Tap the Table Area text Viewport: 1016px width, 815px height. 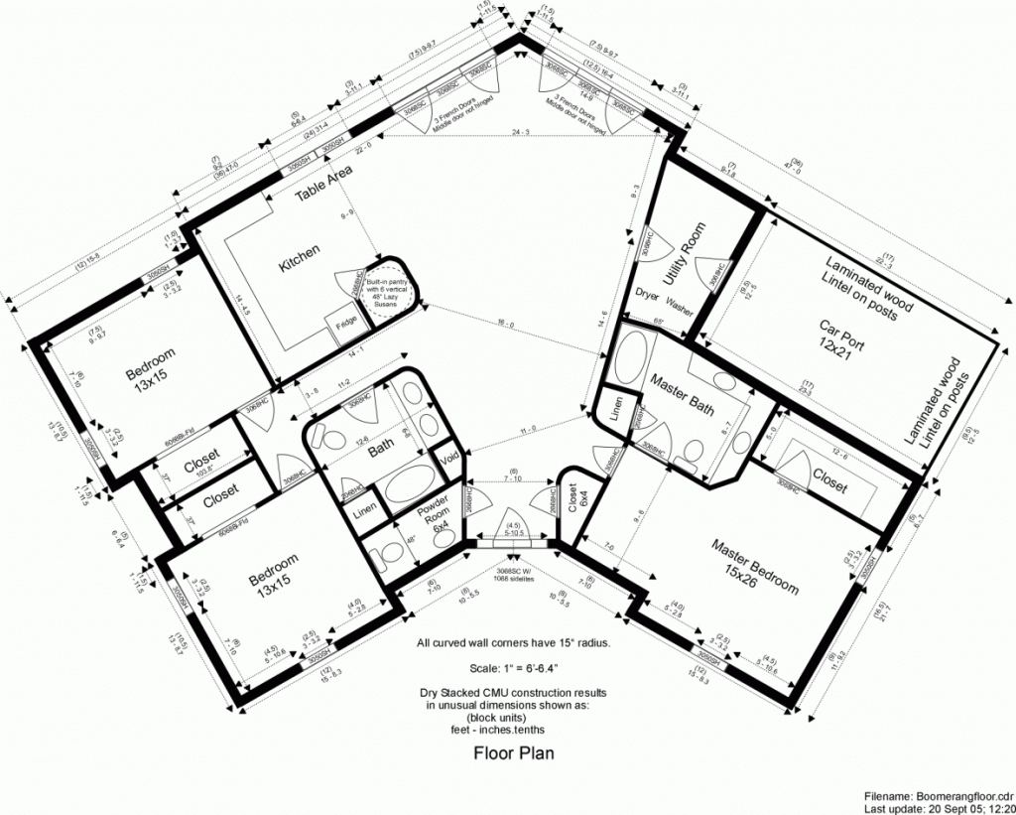[x=324, y=184]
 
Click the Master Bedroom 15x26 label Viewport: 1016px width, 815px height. [x=753, y=565]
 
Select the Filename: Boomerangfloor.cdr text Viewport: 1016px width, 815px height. [x=936, y=795]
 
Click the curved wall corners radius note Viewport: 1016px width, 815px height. [x=513, y=642]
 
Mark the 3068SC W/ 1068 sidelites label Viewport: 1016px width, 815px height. [x=513, y=576]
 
